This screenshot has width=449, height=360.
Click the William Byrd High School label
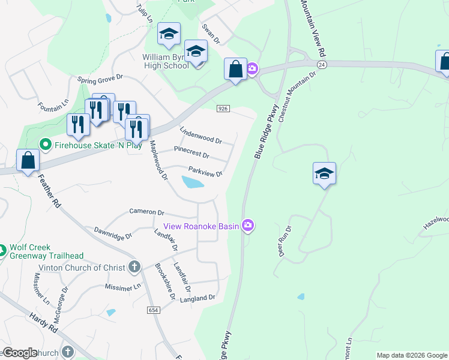pos(165,61)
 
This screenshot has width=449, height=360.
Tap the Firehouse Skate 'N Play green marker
pos(44,145)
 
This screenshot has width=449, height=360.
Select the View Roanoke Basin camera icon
pos(248,226)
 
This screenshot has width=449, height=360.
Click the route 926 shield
pos(223,108)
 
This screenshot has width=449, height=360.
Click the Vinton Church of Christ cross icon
pos(134,267)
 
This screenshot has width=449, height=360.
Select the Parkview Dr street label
pos(205,172)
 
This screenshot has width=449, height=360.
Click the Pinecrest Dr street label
pos(191,152)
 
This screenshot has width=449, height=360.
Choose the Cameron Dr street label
pos(146,212)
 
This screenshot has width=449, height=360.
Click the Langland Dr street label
pos(197,298)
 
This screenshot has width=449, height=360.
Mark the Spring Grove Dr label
pos(100,78)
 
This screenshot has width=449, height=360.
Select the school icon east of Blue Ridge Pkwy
pos(324,174)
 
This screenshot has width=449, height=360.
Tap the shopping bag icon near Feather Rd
pos(28,161)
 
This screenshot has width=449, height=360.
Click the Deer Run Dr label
pos(284,242)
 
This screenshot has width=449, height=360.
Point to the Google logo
pos(19,353)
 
